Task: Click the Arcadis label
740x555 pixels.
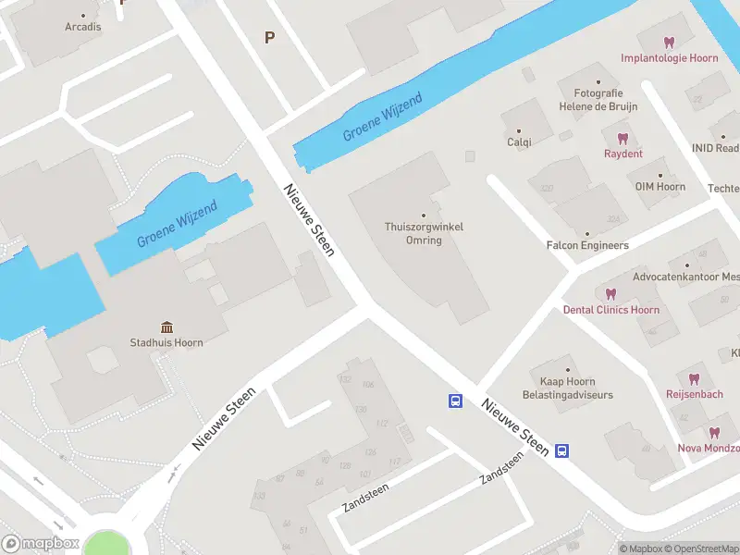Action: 83,27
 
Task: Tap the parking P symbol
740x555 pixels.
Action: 270,38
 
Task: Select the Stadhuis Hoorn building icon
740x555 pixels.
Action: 166,327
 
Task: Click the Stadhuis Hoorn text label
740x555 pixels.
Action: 166,343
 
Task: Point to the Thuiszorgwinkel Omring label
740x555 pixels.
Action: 425,234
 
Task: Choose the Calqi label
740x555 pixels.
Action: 519,142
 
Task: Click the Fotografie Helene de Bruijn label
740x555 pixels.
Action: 598,100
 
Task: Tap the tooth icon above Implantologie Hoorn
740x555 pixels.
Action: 670,42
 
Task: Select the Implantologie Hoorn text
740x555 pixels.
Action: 670,58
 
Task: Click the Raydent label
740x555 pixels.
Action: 623,154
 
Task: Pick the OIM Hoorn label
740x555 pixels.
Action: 660,187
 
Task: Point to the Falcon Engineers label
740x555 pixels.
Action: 587,246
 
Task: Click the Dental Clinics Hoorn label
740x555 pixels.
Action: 611,310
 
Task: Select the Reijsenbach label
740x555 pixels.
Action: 693,394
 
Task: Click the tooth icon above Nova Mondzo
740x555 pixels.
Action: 714,432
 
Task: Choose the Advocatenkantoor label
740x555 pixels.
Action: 685,277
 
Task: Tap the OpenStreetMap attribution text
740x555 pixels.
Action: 705,549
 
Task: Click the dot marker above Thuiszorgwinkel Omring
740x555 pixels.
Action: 425,216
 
